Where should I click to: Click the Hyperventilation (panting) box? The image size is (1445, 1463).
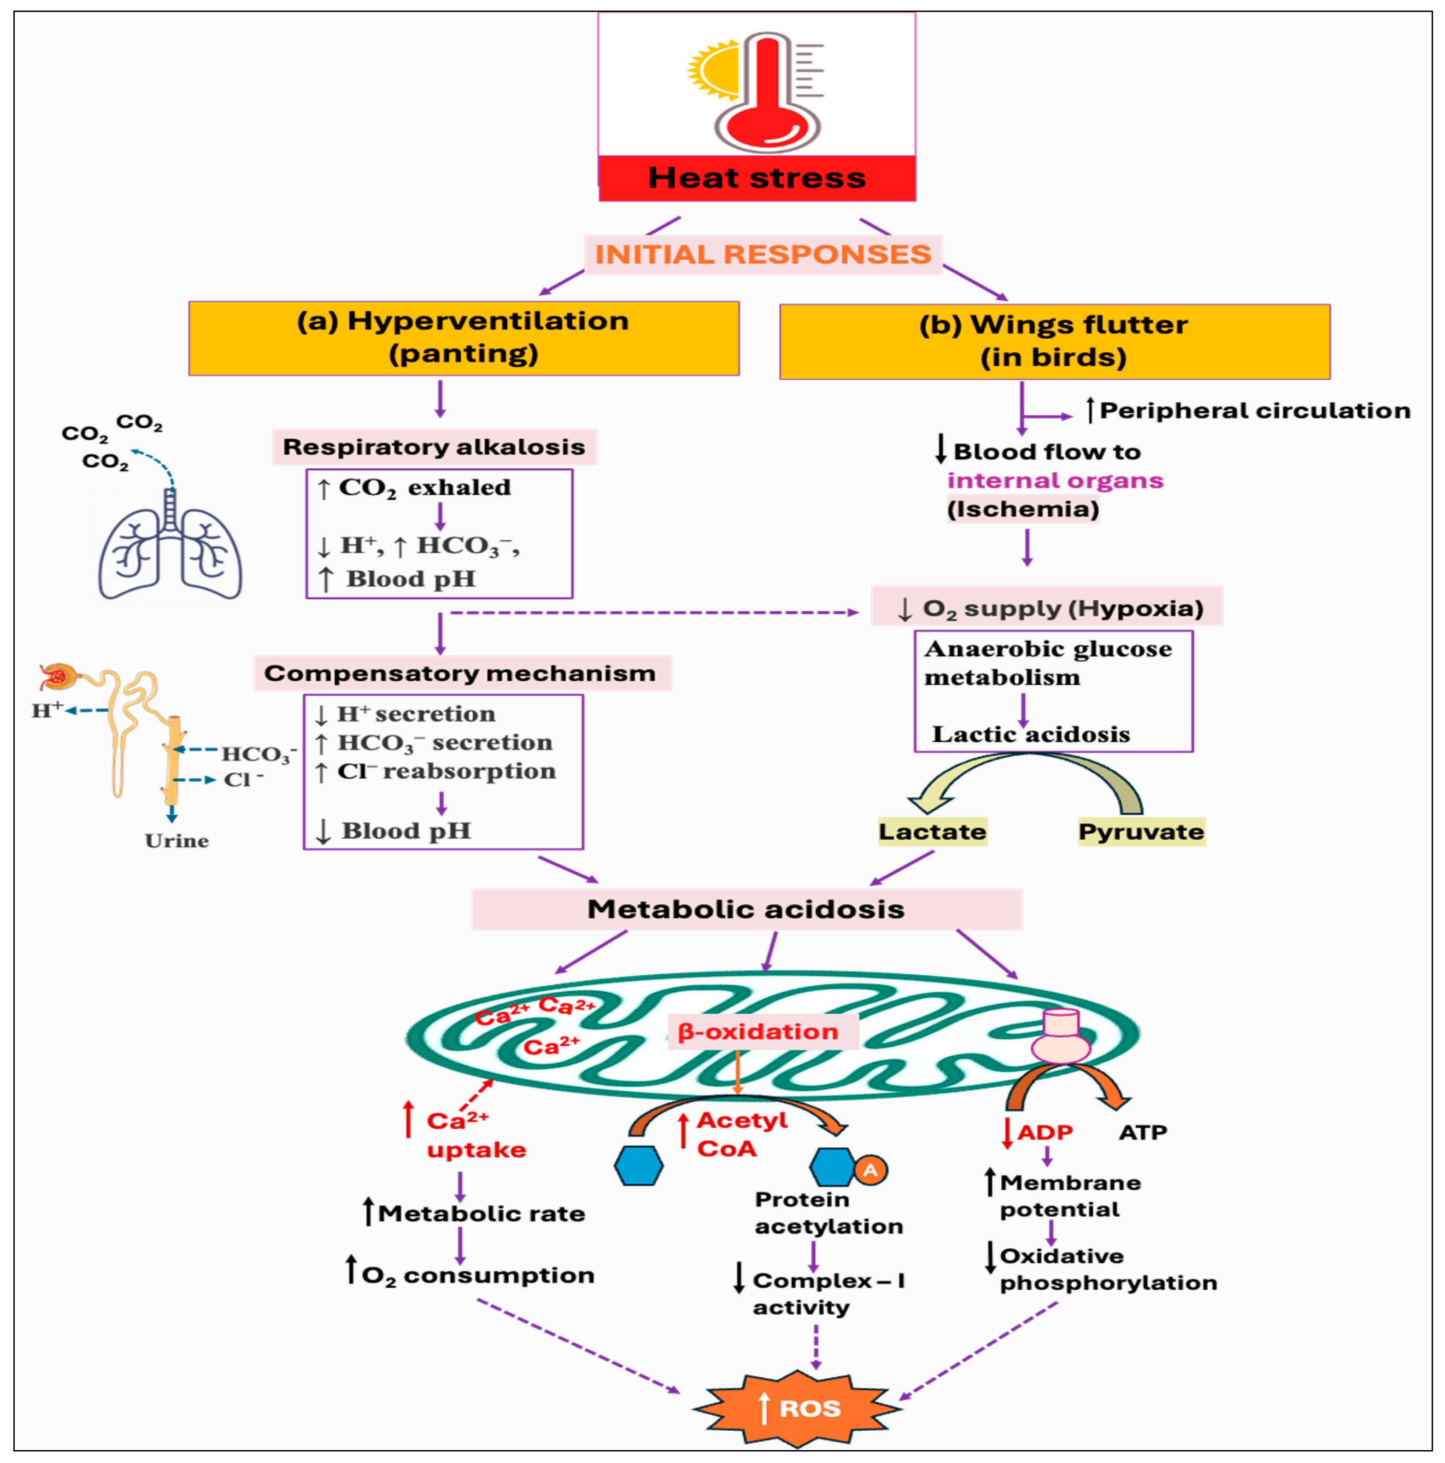(x=464, y=338)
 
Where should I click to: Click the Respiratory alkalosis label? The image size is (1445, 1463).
(x=434, y=447)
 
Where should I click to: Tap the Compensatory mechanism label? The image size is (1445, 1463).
(x=460, y=673)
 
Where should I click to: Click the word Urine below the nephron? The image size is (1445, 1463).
(x=176, y=841)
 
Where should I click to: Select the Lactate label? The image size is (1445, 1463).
(x=932, y=831)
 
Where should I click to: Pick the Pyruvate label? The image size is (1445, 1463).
(x=1140, y=831)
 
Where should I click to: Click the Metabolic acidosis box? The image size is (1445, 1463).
(x=746, y=909)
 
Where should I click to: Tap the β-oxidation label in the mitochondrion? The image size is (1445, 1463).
(x=758, y=1031)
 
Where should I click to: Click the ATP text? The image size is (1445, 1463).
(x=1142, y=1132)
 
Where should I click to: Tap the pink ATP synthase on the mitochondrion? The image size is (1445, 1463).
(x=1060, y=1037)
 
